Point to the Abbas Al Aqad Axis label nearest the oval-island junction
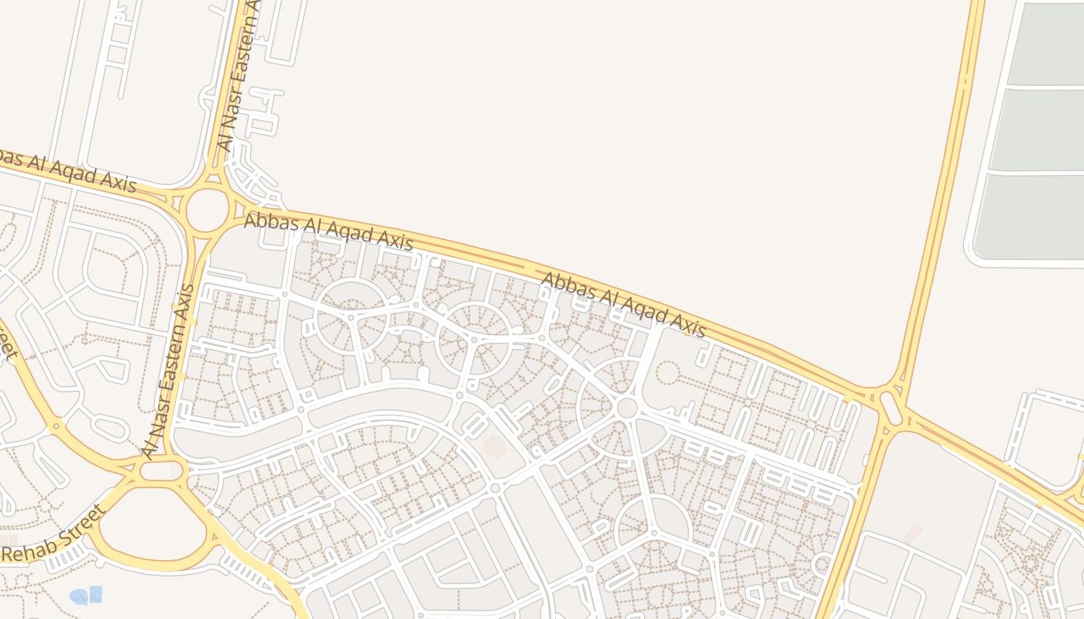[x=623, y=305]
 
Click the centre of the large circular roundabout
[x=208, y=210]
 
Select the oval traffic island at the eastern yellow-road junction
[x=890, y=408]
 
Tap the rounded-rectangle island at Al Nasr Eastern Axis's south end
[x=162, y=470]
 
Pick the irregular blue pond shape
[x=79, y=597]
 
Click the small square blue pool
[x=95, y=593]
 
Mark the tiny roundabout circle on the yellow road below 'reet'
[x=55, y=426]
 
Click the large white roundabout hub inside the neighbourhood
[x=627, y=408]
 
